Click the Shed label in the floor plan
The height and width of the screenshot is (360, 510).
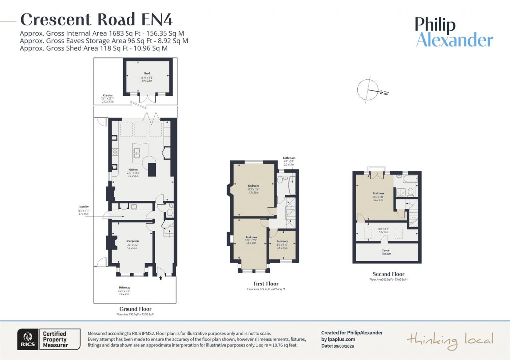pyautogui.click(x=147, y=74)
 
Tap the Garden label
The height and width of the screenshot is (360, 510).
pyautogui.click(x=108, y=95)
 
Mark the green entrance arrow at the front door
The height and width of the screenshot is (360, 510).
pyautogui.click(x=160, y=278)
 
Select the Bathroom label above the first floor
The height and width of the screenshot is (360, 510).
pyautogui.click(x=289, y=157)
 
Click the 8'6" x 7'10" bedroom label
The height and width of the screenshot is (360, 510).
pyautogui.click(x=282, y=241)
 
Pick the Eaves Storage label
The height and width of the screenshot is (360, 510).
pyautogui.click(x=386, y=252)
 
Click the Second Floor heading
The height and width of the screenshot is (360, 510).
pyautogui.click(x=388, y=274)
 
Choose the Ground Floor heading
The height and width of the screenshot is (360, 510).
pyautogui.click(x=135, y=309)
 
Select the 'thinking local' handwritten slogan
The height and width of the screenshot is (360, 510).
pyautogui.click(x=450, y=340)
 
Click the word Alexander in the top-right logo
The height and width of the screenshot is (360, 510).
pyautogui.click(x=454, y=40)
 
